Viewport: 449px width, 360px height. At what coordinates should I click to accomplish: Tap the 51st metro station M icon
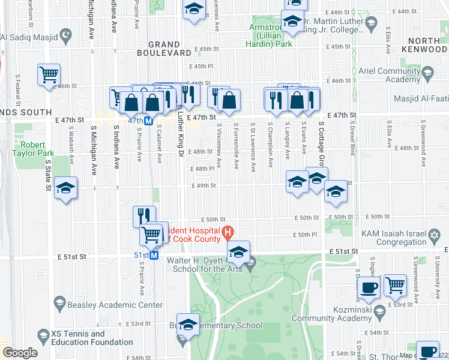pos(154,255)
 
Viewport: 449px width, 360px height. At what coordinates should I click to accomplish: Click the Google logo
pos(20,352)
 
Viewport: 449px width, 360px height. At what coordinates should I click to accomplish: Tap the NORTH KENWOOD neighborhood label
pos(420,46)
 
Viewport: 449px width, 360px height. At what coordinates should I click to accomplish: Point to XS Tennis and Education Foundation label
pos(87,338)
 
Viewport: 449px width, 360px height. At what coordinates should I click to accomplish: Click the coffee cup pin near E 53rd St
pos(369,287)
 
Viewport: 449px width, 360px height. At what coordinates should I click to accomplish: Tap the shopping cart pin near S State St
pos(49,75)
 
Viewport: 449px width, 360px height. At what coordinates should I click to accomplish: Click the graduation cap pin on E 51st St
pos(238,252)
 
